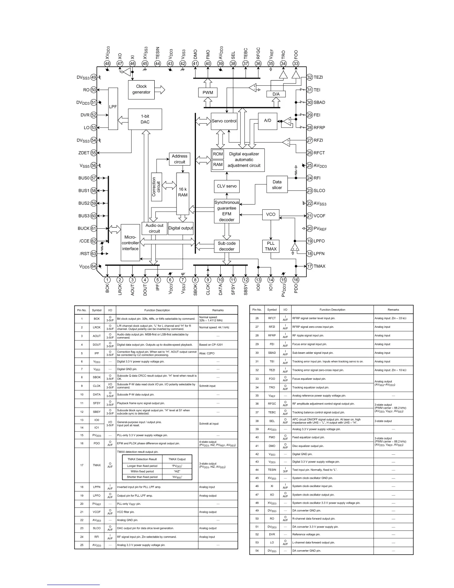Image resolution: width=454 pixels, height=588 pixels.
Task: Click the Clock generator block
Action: (x=141, y=89)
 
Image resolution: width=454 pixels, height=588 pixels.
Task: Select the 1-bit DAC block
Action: (x=145, y=119)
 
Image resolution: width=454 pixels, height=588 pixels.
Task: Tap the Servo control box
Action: (x=224, y=121)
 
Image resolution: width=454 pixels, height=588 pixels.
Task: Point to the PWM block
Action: (x=208, y=92)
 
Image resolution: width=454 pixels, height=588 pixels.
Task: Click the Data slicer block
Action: (x=277, y=184)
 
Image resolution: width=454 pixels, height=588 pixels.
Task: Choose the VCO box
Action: (x=271, y=214)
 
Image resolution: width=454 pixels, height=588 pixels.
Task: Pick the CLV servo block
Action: (x=226, y=186)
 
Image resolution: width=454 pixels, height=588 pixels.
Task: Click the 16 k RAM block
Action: (x=182, y=193)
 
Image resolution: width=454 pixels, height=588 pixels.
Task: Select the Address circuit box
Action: (x=180, y=159)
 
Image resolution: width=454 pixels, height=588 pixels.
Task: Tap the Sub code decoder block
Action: (x=226, y=246)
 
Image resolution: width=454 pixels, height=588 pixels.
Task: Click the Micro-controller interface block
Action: (x=130, y=242)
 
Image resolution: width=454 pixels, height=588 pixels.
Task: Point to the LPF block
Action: (x=113, y=108)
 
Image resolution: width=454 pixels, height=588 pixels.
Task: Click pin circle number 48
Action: (x=107, y=63)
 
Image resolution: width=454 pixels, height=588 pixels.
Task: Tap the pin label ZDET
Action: (x=84, y=153)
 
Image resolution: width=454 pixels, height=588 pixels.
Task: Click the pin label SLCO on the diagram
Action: (x=319, y=190)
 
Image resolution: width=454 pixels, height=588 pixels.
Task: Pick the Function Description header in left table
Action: (x=157, y=310)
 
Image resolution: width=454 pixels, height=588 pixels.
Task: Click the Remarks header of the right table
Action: (x=393, y=310)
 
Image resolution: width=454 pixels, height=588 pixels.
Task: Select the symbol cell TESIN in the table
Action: (x=272, y=470)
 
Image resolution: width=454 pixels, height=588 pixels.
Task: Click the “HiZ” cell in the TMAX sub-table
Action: (x=177, y=471)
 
